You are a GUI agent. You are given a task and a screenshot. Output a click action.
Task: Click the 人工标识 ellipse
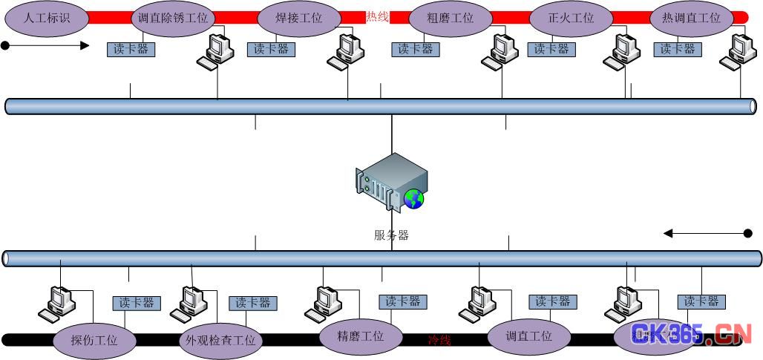[x=46, y=18]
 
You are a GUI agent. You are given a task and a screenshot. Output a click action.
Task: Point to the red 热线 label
[x=377, y=16]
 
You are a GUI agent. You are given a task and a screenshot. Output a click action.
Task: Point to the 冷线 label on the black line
[x=439, y=340]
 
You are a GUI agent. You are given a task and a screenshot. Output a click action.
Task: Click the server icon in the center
[x=390, y=183]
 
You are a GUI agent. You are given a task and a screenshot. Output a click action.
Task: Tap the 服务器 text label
[x=391, y=235]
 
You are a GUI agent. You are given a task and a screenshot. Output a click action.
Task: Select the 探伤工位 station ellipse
[x=94, y=341]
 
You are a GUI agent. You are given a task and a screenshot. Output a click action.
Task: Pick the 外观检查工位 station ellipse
[x=218, y=341]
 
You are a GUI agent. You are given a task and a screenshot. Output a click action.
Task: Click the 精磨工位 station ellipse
[x=361, y=336]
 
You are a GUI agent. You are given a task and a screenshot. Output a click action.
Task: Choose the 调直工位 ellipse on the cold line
[x=529, y=336]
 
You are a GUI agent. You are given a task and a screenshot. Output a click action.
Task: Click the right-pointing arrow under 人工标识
[x=46, y=46]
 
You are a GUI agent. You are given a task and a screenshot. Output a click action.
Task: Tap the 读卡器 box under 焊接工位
[x=271, y=49]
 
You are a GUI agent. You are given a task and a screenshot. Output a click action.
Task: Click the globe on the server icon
[x=414, y=197]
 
